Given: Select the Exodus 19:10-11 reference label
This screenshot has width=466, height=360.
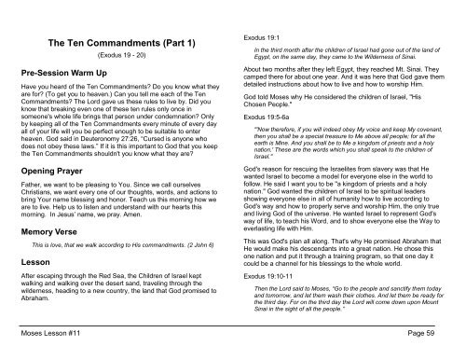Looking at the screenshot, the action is point(270,279).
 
